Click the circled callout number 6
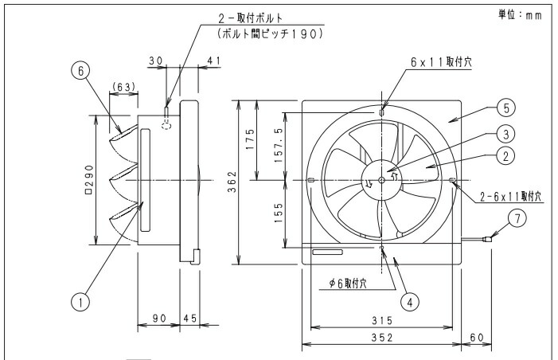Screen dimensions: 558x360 [80, 71]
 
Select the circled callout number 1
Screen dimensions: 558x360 [80, 303]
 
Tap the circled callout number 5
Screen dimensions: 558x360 [506, 108]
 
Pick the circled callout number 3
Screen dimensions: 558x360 [506, 135]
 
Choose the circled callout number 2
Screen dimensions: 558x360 [506, 156]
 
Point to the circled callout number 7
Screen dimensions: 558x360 [517, 218]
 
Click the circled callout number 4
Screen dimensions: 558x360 [410, 302]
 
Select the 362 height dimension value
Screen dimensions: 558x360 [232, 182]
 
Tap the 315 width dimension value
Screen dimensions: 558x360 [382, 320]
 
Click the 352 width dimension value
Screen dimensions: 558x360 [382, 337]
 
